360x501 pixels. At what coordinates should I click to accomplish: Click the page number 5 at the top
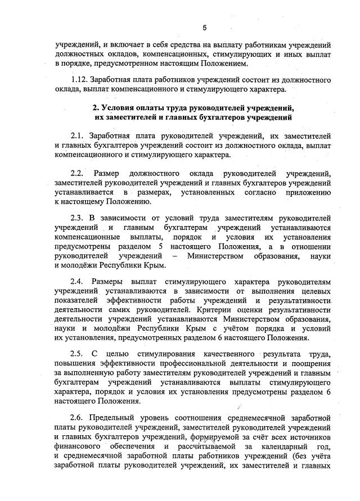(205, 27)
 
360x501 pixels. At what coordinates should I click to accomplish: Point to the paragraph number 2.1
(77, 136)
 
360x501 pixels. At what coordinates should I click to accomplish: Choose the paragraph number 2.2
(77, 173)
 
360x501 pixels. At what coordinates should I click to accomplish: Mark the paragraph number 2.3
(77, 218)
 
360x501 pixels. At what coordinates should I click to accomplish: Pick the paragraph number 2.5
(77, 353)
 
